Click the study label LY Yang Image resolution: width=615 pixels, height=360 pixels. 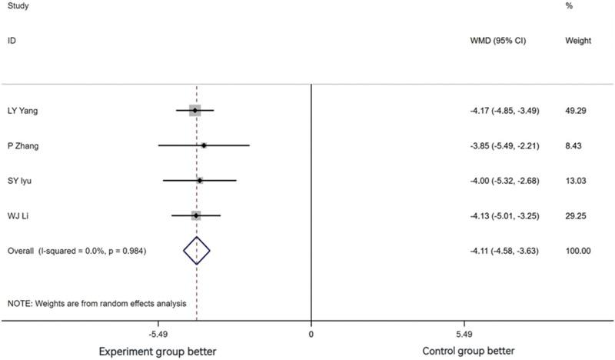(23, 111)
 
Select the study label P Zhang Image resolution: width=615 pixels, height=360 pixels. (23, 145)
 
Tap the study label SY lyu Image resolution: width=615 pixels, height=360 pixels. (22, 181)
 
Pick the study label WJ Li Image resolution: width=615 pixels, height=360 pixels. (18, 215)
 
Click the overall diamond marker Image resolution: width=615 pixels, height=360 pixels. (197, 251)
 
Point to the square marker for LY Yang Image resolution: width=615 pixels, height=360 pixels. (195, 111)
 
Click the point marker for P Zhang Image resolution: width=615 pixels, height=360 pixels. (204, 145)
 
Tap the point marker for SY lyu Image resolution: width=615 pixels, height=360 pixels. (200, 181)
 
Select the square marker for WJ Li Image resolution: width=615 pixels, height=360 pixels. (196, 215)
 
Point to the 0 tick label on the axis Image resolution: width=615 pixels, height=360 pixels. (311, 335)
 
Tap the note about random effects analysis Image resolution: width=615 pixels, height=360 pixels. (98, 303)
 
